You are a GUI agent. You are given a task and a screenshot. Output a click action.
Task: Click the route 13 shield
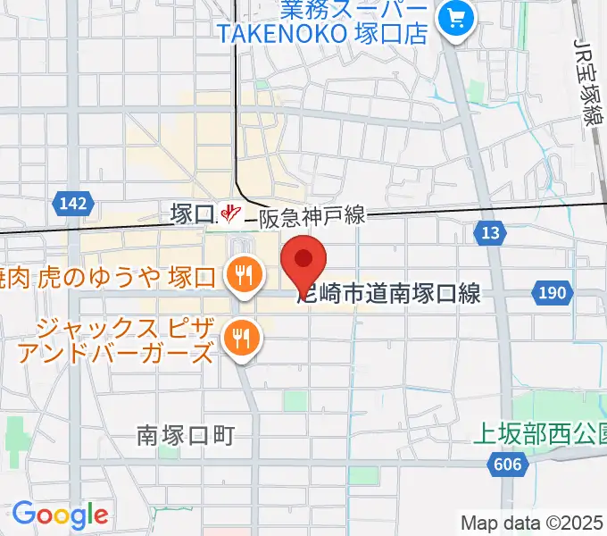[x=488, y=233]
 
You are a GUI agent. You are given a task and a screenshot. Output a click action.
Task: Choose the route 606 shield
[x=505, y=464]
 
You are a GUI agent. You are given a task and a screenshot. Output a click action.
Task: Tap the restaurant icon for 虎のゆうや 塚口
[x=242, y=272]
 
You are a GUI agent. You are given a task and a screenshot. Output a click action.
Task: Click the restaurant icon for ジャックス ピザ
[x=240, y=337]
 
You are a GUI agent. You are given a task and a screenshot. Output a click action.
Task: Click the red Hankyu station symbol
[x=231, y=214]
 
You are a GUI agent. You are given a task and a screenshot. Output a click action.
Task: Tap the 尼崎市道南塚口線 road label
[x=388, y=293]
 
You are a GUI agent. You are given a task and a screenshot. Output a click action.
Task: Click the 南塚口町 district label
[x=186, y=435]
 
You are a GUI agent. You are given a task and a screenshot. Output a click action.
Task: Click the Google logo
[x=60, y=515]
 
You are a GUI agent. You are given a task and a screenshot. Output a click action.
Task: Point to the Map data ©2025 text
[x=531, y=522]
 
